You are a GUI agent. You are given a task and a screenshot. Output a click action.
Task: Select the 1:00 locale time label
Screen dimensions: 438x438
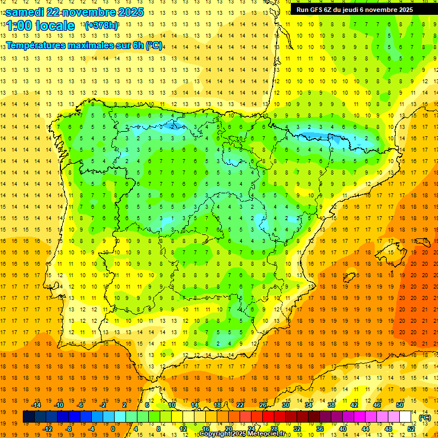[40, 26]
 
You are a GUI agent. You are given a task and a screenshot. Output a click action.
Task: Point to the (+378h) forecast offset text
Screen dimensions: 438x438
[101, 26]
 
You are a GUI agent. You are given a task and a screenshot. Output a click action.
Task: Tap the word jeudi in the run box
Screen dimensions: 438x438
[359, 10]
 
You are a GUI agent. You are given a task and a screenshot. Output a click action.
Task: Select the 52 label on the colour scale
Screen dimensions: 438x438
[411, 429]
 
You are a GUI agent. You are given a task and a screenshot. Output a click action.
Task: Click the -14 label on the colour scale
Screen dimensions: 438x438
[37, 405]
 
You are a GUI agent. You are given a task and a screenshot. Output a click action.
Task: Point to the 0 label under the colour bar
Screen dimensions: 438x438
[113, 429]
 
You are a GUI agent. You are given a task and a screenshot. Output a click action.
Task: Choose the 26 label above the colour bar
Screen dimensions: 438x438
[263, 405]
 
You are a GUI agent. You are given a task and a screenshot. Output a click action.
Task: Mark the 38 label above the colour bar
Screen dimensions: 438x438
[331, 405]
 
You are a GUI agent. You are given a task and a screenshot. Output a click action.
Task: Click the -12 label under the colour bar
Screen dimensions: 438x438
[48, 429]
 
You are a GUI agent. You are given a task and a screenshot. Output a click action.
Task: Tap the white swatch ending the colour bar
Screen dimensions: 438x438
[405, 417]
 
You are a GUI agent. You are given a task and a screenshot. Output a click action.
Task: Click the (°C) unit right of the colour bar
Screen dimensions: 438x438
[425, 417]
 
